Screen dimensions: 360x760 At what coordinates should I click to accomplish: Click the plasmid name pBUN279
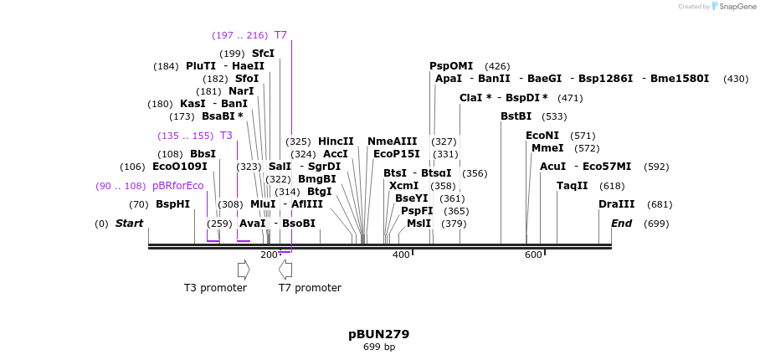coord(378,334)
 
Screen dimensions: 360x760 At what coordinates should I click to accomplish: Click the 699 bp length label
coord(378,347)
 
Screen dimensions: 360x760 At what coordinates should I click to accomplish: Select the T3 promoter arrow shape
coord(244,270)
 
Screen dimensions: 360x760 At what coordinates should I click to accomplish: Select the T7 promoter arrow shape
coord(285,270)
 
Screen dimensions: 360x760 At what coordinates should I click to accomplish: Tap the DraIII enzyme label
coord(617,204)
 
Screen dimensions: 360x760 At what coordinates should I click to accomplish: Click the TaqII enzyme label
coord(573,186)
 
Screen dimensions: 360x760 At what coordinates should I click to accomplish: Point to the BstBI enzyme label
coord(516,116)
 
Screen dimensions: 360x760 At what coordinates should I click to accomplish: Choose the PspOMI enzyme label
coord(451,66)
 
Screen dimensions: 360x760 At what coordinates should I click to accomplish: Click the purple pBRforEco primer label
coord(178,186)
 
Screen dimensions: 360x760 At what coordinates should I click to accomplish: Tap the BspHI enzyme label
coord(172,204)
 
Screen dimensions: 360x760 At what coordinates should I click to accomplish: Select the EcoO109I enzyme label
coord(180,167)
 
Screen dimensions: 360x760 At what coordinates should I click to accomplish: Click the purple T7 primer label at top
coord(280,35)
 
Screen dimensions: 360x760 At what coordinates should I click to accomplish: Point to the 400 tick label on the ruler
coord(401,255)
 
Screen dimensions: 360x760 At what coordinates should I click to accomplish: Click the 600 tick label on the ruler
coord(533,255)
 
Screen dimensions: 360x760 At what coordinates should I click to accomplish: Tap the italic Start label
coord(129,224)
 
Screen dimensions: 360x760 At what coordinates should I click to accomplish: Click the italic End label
coord(621,224)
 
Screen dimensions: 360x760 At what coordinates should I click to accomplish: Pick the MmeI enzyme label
coord(547,148)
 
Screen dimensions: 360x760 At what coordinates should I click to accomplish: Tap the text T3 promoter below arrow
coord(215,288)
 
